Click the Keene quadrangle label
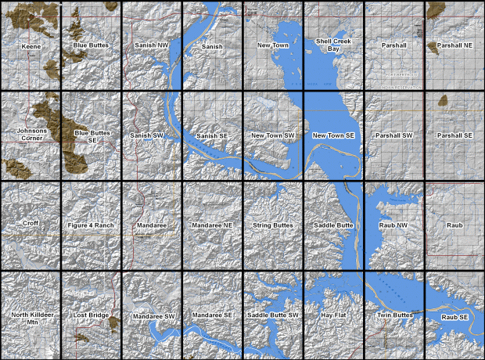pyautogui.click(x=31, y=46)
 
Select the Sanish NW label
pyautogui.click(x=152, y=46)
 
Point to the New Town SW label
pyautogui.click(x=273, y=136)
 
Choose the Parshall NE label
pyautogui.click(x=454, y=46)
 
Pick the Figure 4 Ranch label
pyautogui.click(x=92, y=226)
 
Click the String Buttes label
pyautogui.click(x=273, y=226)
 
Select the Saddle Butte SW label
pyautogui.click(x=273, y=315)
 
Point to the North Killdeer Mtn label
pyautogui.click(x=31, y=319)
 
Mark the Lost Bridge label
pyautogui.click(x=90, y=315)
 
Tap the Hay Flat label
pyautogui.click(x=334, y=315)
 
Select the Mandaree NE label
pyautogui.click(x=213, y=226)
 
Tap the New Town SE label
pyautogui.click(x=334, y=136)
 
